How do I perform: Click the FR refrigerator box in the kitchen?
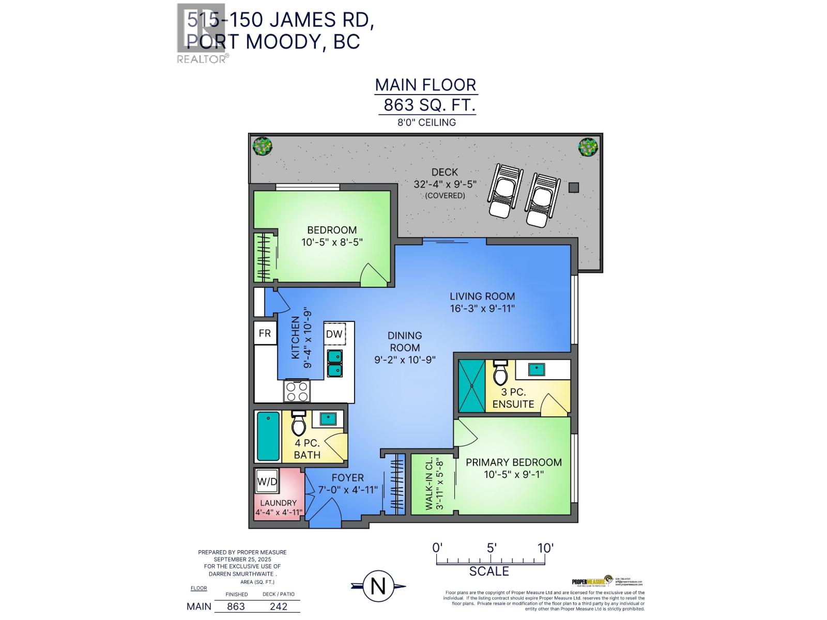265,333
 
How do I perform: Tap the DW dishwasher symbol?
334,334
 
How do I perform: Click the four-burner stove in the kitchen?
297,391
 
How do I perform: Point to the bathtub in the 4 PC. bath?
268,436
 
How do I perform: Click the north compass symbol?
378,586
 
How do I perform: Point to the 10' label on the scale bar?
545,548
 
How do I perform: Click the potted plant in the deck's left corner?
262,146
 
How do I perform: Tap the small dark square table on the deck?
573,188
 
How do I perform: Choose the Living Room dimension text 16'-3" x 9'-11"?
482,309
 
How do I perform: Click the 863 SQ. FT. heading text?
428,105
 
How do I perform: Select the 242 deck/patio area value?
279,607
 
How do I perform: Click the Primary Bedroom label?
513,462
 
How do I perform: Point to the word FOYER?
348,478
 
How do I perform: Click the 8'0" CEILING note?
426,122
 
